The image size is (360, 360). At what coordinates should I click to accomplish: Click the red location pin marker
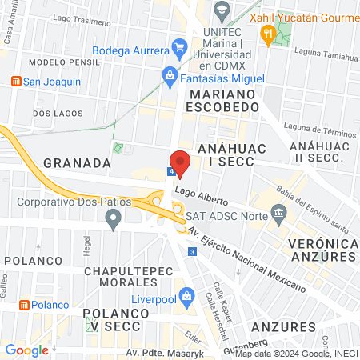click(x=180, y=162)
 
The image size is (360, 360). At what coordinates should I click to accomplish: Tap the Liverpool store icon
click(x=186, y=295)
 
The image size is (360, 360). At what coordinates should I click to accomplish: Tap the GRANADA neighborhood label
click(x=77, y=162)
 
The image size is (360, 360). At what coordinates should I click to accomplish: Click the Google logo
click(x=26, y=350)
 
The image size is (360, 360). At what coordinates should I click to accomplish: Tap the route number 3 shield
click(x=192, y=252)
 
